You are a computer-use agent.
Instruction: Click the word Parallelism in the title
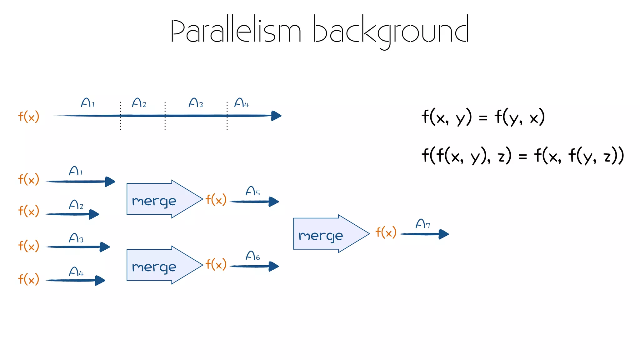click(x=236, y=31)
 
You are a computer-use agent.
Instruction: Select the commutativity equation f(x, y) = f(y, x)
click(x=483, y=117)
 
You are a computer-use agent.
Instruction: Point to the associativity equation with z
click(x=522, y=155)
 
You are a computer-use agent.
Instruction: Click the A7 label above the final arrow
click(x=423, y=224)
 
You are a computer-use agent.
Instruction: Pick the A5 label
click(x=252, y=191)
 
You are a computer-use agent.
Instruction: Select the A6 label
click(x=252, y=256)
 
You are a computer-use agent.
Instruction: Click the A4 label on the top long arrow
click(x=241, y=103)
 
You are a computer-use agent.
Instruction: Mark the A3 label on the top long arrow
click(x=196, y=103)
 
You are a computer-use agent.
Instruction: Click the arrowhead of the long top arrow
click(x=276, y=116)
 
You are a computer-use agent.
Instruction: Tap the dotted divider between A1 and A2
click(x=121, y=116)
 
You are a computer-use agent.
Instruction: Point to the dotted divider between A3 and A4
click(x=227, y=116)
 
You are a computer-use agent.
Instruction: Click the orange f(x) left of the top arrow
click(x=28, y=117)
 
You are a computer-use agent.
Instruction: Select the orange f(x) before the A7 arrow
click(x=386, y=232)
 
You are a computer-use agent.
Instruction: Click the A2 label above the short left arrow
click(x=76, y=205)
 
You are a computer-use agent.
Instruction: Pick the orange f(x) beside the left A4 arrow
click(x=28, y=279)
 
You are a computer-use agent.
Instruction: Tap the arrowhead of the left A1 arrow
click(x=110, y=182)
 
